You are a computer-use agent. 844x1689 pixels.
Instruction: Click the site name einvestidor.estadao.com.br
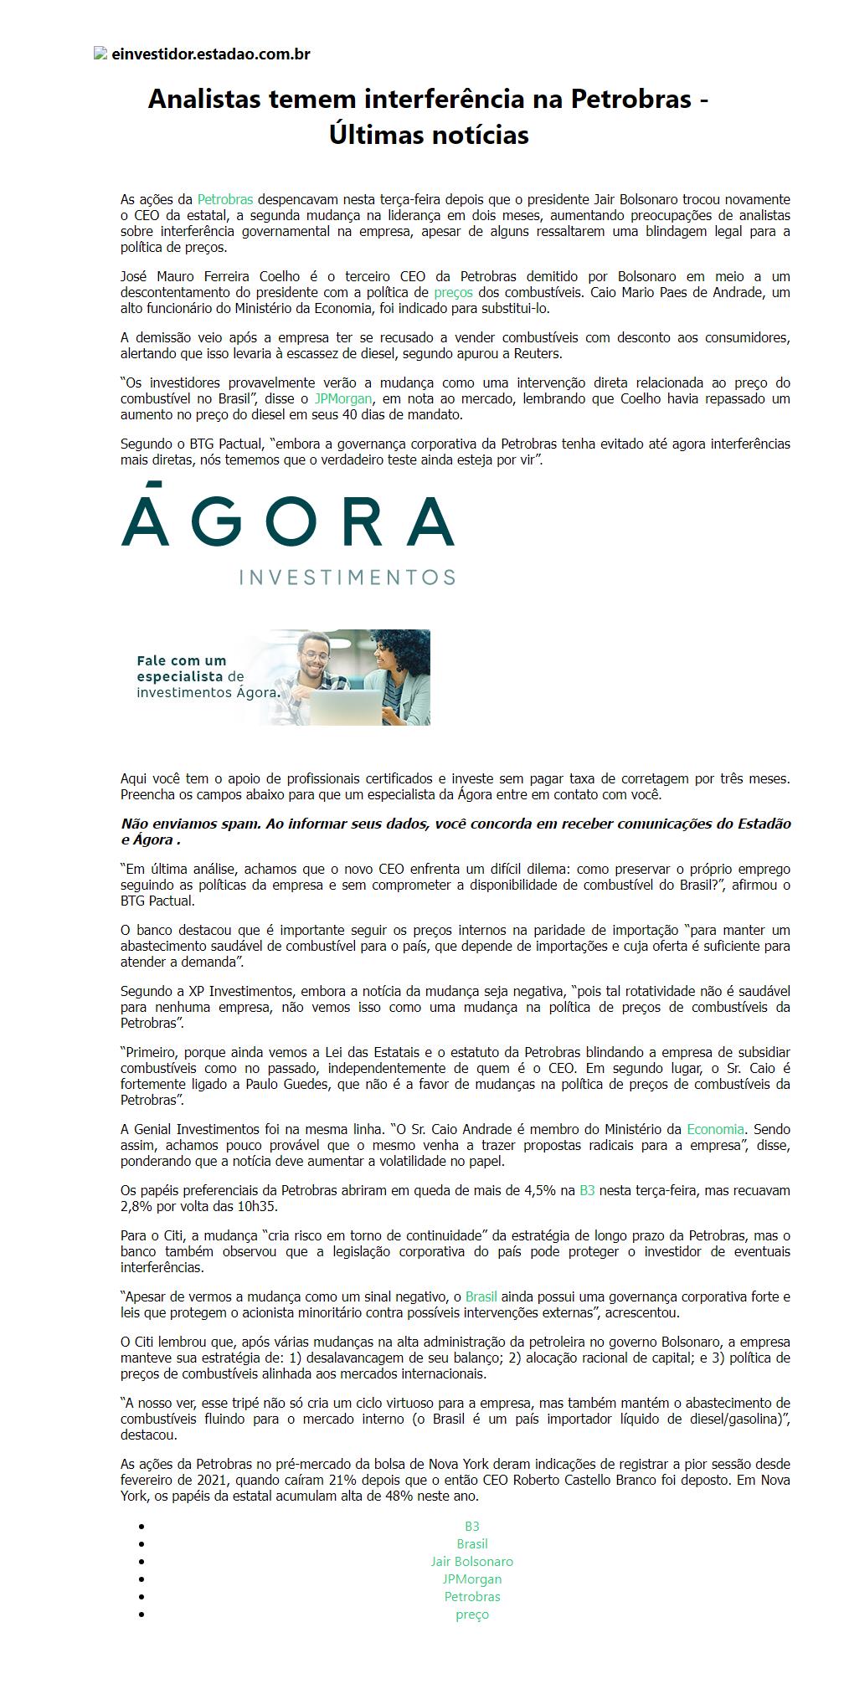click(210, 54)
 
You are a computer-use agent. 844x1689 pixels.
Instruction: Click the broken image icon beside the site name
click(100, 54)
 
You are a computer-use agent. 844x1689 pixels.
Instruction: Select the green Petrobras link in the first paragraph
click(224, 199)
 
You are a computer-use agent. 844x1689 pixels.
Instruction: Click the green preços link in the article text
click(453, 292)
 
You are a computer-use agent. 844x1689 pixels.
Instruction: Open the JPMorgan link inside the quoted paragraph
click(343, 398)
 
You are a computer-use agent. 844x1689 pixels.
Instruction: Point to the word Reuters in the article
click(537, 353)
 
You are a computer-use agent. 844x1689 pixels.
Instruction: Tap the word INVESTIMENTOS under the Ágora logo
click(347, 577)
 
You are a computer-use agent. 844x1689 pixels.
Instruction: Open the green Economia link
click(715, 1129)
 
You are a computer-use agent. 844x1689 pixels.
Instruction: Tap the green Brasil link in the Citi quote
click(481, 1296)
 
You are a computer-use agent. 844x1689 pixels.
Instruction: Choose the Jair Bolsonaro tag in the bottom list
click(472, 1561)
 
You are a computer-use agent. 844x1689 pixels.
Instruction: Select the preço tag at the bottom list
click(472, 1615)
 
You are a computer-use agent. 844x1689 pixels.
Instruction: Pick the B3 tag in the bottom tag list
click(472, 1526)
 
